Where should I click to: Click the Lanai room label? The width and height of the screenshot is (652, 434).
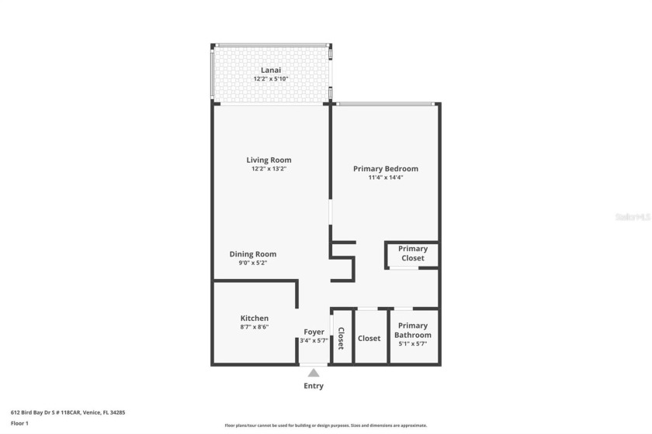tap(271, 70)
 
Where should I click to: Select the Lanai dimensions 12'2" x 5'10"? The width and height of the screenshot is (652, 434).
tap(271, 79)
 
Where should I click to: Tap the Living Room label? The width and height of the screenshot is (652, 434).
tap(270, 160)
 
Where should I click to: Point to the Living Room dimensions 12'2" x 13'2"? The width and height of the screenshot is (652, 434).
tap(270, 169)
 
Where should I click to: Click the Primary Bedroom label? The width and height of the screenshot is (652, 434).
tap(386, 169)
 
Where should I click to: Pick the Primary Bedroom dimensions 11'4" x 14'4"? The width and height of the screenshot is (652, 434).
tap(386, 177)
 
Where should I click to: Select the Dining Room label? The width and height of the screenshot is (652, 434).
tap(253, 254)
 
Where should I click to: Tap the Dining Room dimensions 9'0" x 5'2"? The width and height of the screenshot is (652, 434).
tap(253, 263)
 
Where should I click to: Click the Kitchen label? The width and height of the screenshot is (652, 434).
tap(254, 319)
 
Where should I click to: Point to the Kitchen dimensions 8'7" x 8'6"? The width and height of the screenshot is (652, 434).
tap(254, 328)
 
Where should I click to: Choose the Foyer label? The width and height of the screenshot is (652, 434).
tap(314, 332)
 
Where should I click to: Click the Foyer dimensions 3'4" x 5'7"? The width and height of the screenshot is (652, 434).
tap(314, 340)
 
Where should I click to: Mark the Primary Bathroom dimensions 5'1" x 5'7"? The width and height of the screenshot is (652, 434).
tap(413, 343)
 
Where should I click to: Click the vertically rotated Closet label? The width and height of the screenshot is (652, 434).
tap(341, 338)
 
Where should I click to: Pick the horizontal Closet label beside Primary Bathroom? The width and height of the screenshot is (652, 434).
tap(369, 338)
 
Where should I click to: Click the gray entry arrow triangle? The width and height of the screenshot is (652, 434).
tap(314, 373)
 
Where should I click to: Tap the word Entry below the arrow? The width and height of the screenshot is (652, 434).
tap(314, 386)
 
